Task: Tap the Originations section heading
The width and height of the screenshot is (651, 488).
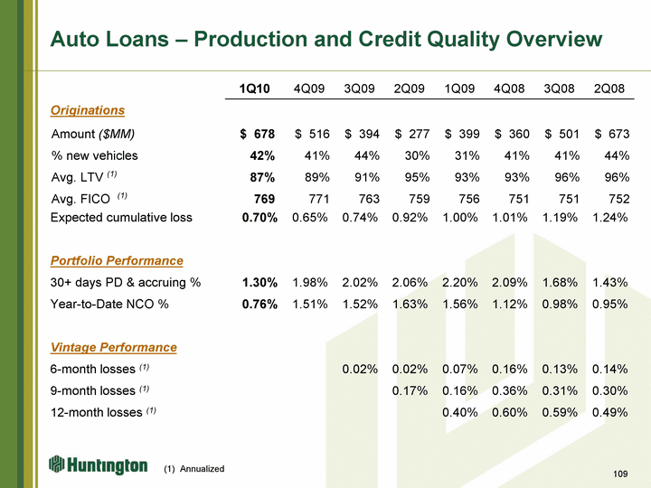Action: point(88,110)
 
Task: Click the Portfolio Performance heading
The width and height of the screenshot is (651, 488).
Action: point(117,260)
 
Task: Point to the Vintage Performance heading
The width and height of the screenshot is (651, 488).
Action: point(114,347)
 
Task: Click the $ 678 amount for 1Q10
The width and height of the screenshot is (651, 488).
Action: point(258,135)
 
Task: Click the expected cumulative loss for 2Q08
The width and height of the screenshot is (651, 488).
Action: point(609,218)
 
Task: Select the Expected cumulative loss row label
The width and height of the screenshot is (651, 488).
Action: point(121,218)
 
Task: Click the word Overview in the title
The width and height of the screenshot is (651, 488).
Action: point(547,39)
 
